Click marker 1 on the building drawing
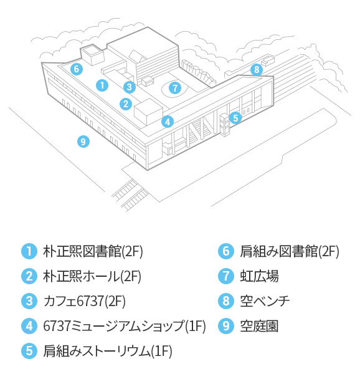[102, 85]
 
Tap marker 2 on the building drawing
[126, 104]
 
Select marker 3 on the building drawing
[130, 87]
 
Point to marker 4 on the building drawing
[168, 122]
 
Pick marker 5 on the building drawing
[235, 118]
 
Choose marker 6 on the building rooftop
[77, 69]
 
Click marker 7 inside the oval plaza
[175, 88]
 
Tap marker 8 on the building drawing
[257, 70]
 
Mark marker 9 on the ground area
[83, 142]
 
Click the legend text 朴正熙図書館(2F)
[93, 252]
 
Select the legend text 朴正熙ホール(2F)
[92, 276]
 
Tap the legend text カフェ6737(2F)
[84, 301]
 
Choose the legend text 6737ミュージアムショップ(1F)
[125, 326]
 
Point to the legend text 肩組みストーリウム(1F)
[108, 351]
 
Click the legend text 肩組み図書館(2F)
[290, 252]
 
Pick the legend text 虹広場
[259, 276]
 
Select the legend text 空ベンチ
[265, 301]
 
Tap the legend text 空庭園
[259, 326]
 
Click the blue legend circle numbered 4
[29, 326]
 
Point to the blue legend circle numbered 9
[226, 326]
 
